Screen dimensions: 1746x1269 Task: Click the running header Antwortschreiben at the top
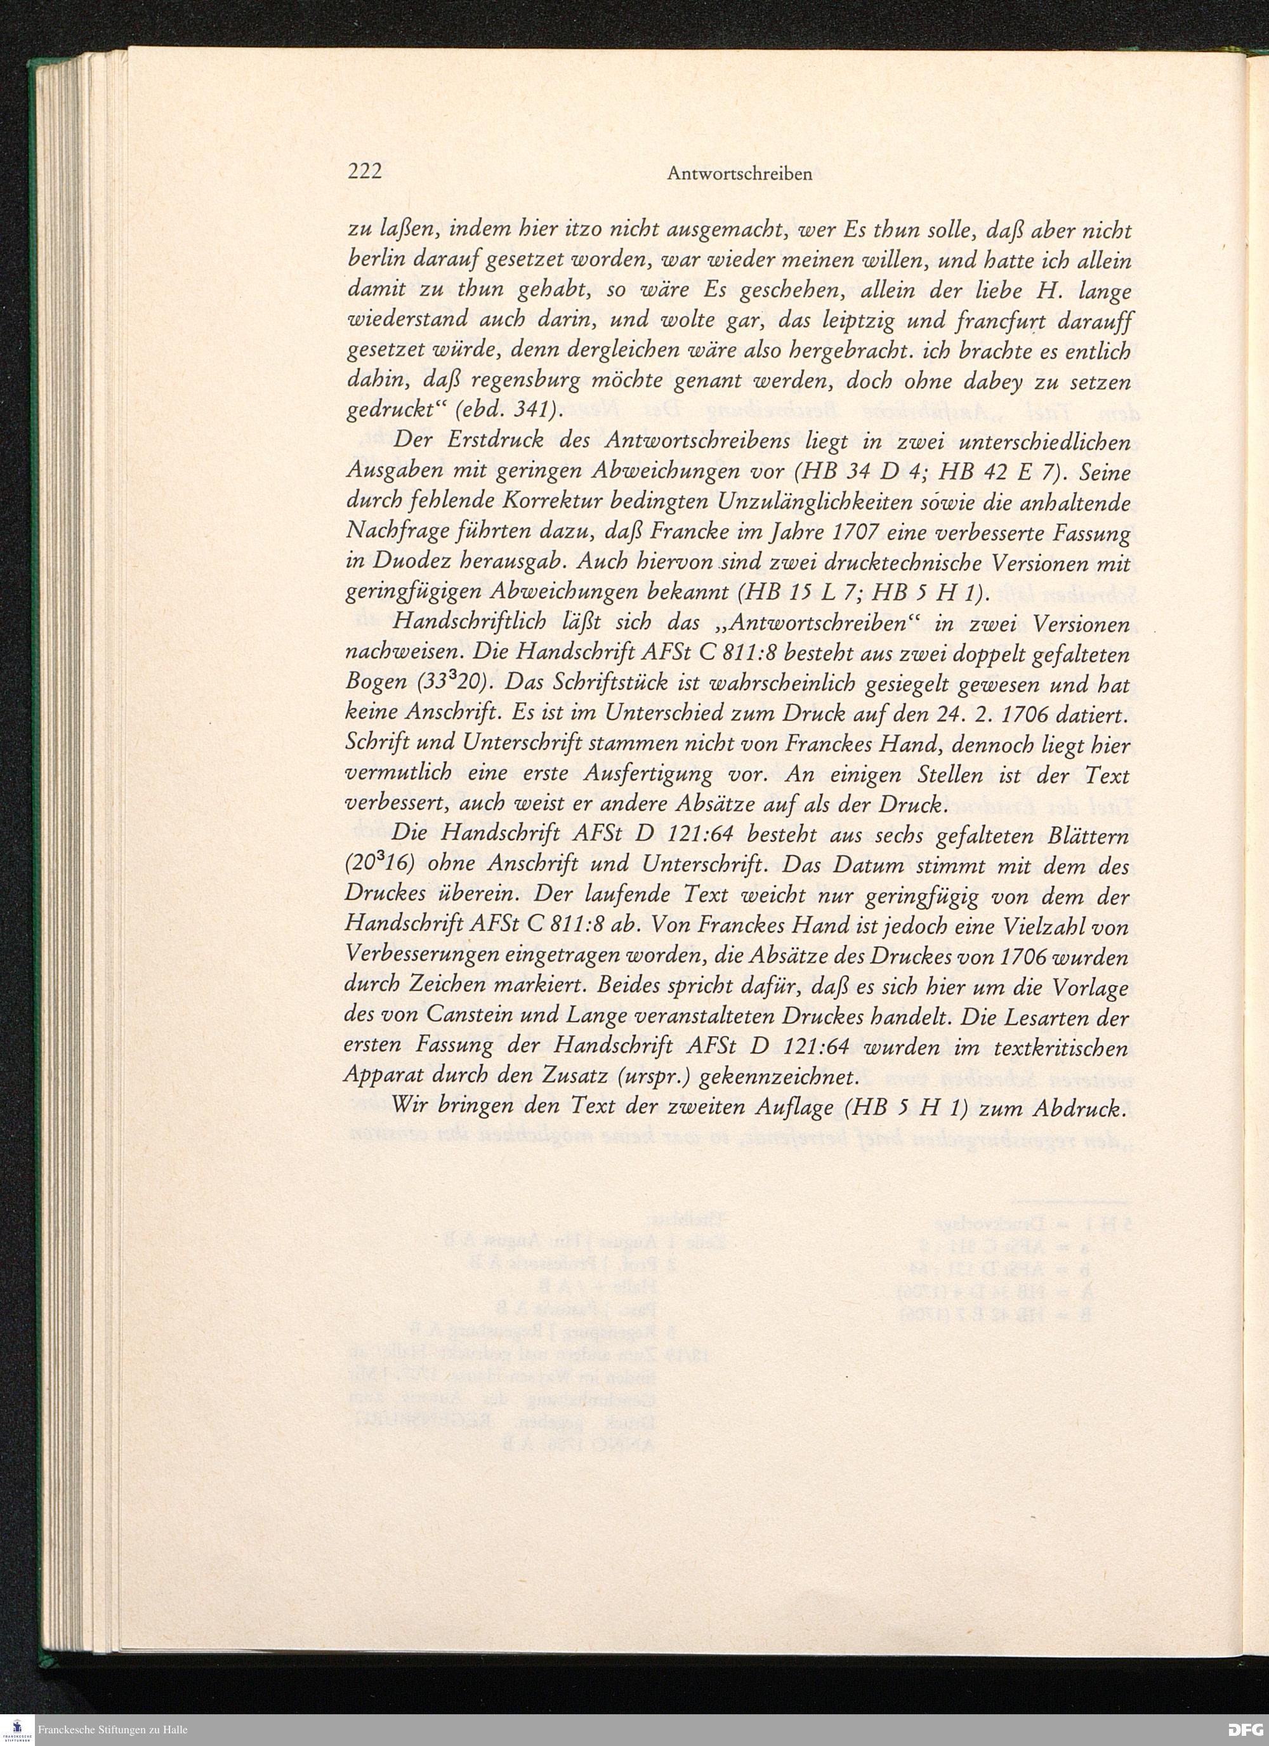740,174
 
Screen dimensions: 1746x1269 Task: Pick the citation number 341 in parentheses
528,412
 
